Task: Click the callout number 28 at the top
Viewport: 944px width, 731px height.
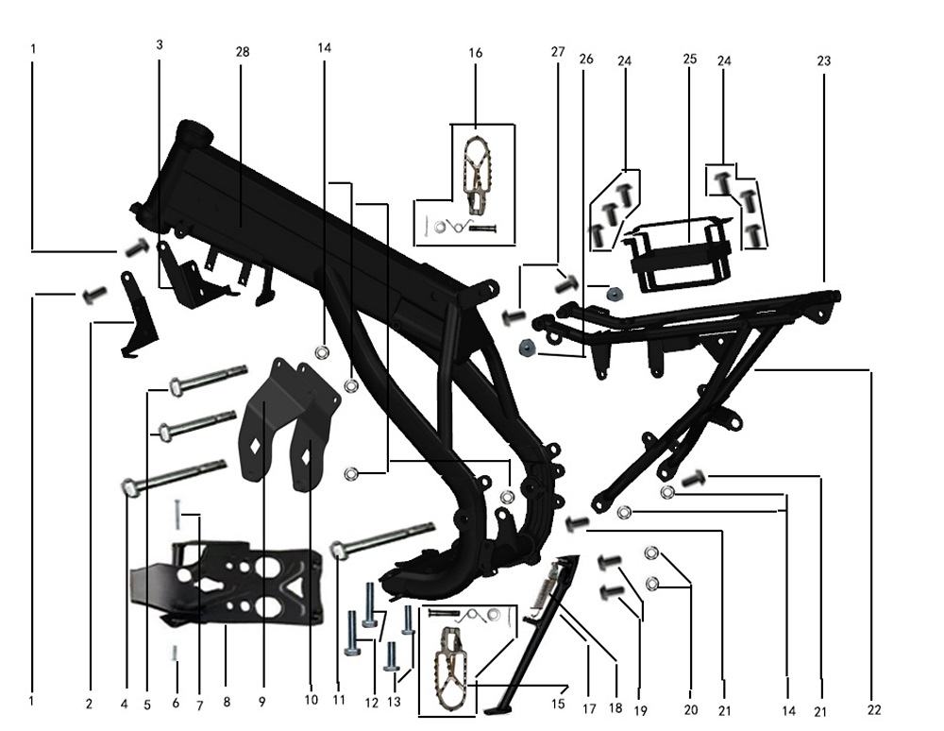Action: coord(242,52)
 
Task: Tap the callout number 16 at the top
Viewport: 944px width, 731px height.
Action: coord(475,53)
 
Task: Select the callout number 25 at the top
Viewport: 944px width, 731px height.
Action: coord(690,59)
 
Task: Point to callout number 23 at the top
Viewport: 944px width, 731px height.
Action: coord(823,60)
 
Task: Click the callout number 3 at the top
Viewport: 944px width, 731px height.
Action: coord(160,44)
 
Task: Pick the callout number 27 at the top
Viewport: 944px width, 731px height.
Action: coord(558,52)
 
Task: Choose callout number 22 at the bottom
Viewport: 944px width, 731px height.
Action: coord(874,710)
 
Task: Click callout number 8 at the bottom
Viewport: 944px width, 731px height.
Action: coord(227,702)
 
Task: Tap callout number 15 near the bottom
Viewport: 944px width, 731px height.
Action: coord(558,704)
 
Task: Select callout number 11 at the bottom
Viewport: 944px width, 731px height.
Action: coord(338,700)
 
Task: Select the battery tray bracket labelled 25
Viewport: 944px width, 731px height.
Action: coord(678,255)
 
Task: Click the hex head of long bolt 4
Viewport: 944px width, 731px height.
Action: coord(129,486)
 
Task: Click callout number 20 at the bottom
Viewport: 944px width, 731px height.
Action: coord(691,709)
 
